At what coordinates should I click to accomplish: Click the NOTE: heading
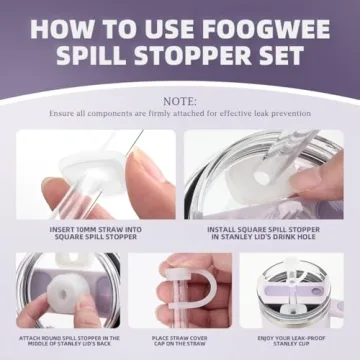[x=180, y=101]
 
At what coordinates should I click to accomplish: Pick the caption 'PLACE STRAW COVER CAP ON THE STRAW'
[x=180, y=343]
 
